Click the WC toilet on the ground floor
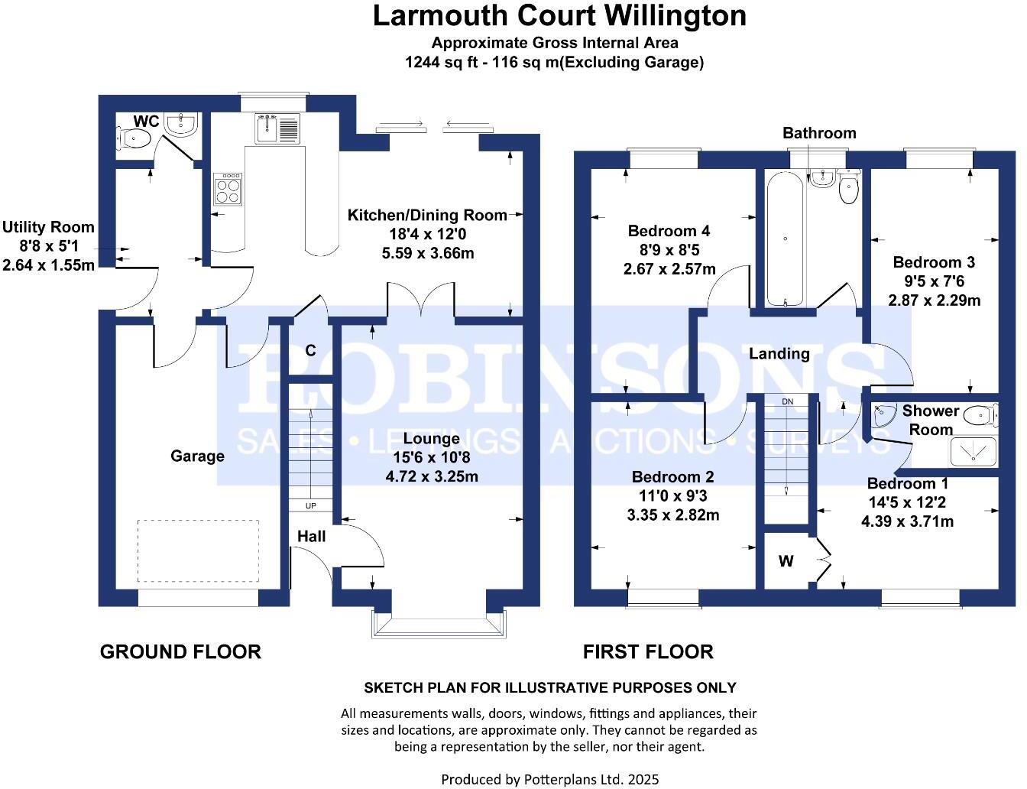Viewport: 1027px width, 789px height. coord(134,138)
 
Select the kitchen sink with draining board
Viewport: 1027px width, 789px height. coord(277,128)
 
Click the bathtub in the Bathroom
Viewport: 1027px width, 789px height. coord(785,239)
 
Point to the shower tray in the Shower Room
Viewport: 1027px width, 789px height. coord(974,451)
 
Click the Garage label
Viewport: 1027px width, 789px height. coord(197,456)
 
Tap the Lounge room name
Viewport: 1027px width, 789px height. coord(432,439)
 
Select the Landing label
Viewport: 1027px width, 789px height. coord(779,353)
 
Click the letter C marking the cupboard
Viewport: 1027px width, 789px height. coord(311,351)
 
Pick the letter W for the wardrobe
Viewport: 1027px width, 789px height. coord(786,562)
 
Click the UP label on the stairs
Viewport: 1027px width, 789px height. coord(311,506)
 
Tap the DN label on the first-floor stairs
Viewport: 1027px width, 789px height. coord(788,401)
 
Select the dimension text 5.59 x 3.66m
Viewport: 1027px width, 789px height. coord(428,253)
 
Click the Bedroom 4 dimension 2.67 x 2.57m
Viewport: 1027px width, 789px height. coord(669,269)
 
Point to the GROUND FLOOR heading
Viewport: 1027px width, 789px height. coord(180,651)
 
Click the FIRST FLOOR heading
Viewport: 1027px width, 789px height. coord(648,651)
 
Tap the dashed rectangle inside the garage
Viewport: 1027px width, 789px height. coord(198,551)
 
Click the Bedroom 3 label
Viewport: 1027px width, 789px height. coord(934,262)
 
